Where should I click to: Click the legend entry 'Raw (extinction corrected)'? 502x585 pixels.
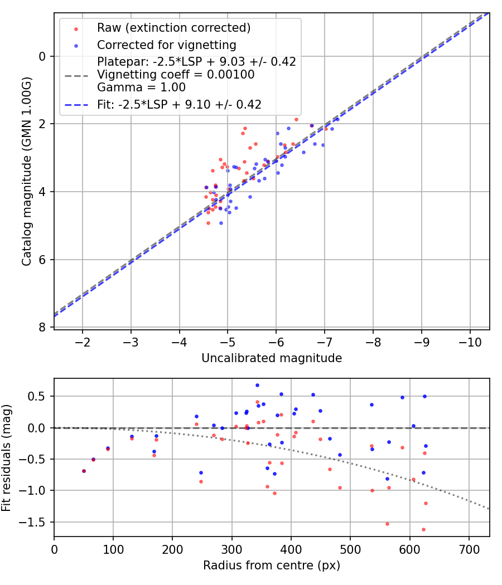[x=173, y=28]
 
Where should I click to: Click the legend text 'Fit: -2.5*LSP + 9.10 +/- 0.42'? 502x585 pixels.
[x=179, y=104]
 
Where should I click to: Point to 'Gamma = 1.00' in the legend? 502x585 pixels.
[x=141, y=87]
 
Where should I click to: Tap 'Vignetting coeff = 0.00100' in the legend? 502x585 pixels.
[x=176, y=75]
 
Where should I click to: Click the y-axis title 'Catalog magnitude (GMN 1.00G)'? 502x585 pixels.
[x=26, y=172]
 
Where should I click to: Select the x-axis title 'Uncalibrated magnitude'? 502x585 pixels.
[x=272, y=358]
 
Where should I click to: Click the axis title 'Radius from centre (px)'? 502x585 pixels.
[x=272, y=565]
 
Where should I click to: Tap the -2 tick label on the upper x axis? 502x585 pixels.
[x=83, y=341]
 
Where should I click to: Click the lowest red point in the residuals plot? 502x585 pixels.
[x=423, y=529]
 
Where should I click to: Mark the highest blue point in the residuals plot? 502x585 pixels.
[x=257, y=385]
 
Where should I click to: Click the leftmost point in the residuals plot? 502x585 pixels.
[x=84, y=471]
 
